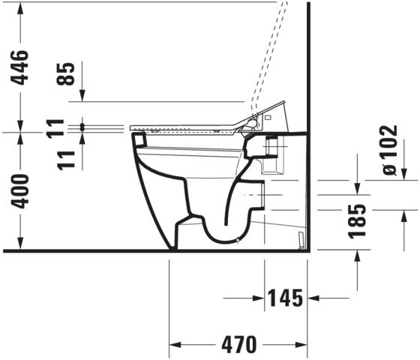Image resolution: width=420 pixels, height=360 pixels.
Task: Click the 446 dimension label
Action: pos(19,67)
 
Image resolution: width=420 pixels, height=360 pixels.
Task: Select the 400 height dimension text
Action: pos(19,191)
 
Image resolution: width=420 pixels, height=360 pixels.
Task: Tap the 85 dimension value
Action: pos(66,74)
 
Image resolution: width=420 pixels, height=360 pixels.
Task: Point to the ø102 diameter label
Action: pos(390,150)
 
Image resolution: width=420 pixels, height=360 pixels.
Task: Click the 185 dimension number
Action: pos(357,221)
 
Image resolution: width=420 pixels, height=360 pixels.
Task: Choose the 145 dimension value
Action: pos(286,298)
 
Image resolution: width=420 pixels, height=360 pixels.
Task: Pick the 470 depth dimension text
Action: pos(239,344)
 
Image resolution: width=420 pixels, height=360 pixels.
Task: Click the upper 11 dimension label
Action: pos(55,128)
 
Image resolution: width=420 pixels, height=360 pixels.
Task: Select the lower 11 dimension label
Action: pos(66,160)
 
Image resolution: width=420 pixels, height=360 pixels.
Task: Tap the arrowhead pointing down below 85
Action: pos(82,96)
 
